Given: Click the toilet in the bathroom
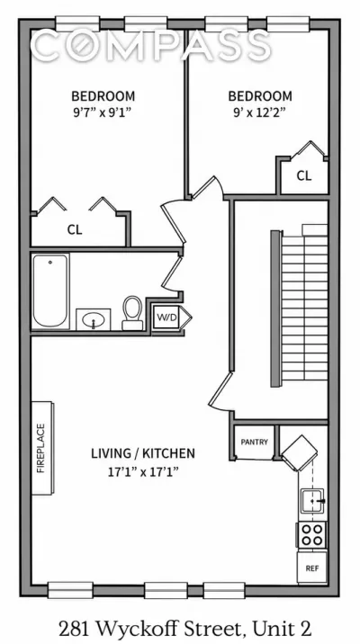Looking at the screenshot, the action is (132, 313).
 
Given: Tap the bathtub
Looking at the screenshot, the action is (51, 291).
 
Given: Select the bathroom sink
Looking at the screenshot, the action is (94, 319).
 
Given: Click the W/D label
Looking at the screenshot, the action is (166, 318).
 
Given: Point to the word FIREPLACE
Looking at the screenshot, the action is (40, 448).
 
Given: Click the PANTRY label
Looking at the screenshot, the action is (254, 442).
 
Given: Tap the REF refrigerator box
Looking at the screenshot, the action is (312, 568).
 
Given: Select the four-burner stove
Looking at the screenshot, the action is (312, 534).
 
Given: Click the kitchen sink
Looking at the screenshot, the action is (313, 501).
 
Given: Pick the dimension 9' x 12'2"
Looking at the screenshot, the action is (260, 112).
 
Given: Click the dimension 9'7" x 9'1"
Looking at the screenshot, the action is (103, 112).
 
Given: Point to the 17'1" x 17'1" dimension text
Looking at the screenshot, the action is (143, 471).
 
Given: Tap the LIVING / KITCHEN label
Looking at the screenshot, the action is (143, 453).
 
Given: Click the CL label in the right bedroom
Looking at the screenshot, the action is (304, 175).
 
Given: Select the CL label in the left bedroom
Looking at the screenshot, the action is (75, 229).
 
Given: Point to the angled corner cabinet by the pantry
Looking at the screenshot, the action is (300, 453).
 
